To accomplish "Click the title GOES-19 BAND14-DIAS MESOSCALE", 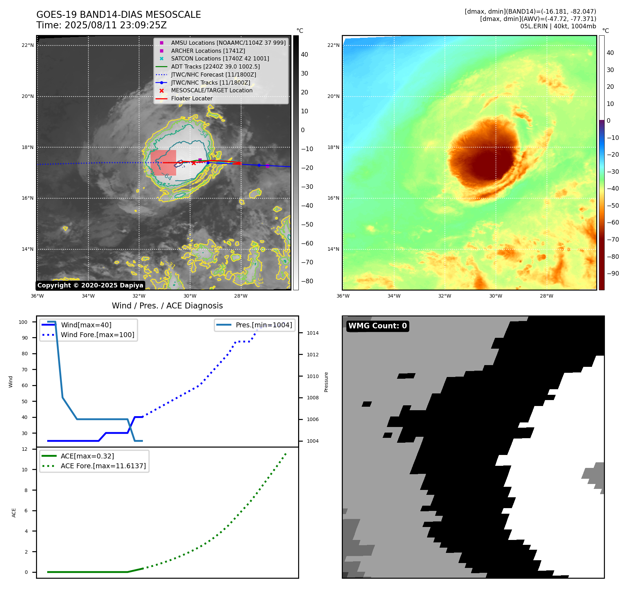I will (x=118, y=15).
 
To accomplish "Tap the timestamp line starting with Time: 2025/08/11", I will (x=101, y=25).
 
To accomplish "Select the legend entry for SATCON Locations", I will (x=220, y=58).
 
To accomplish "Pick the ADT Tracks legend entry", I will (x=215, y=66).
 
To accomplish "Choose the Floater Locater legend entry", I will (x=192, y=98).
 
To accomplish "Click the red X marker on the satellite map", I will (x=194, y=163).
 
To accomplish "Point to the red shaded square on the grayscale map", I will (x=163, y=163).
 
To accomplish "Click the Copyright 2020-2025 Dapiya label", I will (x=90, y=285).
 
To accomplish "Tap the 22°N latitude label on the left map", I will (x=28, y=45).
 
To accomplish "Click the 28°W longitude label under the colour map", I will (x=546, y=296).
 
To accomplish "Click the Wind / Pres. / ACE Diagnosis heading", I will (x=167, y=306).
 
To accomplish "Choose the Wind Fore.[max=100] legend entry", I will (x=97, y=335).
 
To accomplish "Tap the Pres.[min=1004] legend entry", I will (x=264, y=325).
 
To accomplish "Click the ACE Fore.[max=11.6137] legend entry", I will (x=103, y=466).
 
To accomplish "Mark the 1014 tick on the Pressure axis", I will (x=312, y=333).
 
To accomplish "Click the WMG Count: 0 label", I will (x=377, y=326).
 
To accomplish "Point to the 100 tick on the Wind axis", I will (x=23, y=322).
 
